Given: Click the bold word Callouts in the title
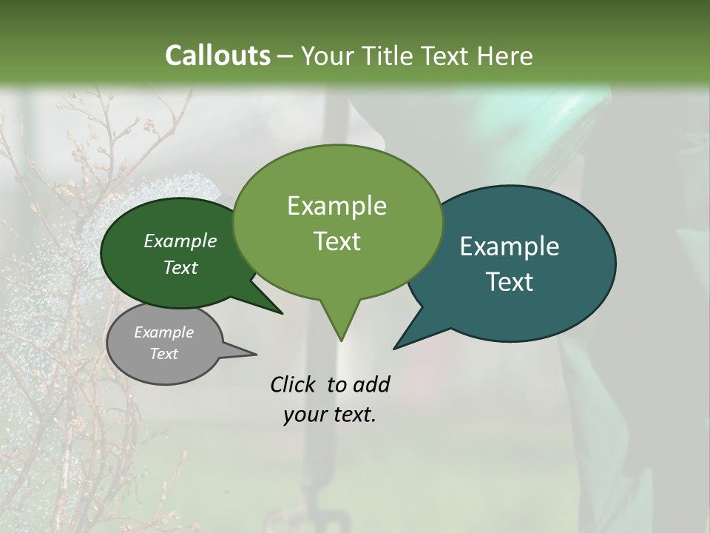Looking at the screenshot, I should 217,56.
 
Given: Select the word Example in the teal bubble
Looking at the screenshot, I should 510,247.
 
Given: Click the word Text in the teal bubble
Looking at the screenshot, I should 510,282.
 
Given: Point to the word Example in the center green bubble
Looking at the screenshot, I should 337,206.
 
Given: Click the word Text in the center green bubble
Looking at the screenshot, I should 337,241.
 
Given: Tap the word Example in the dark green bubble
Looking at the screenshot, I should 180,241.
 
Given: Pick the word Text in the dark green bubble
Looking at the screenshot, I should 180,267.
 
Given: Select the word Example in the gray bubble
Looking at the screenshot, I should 163,332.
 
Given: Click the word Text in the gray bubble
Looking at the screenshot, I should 163,354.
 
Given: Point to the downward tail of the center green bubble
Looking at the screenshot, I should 340,326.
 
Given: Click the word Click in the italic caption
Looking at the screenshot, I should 294,384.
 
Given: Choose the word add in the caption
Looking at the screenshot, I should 371,384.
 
